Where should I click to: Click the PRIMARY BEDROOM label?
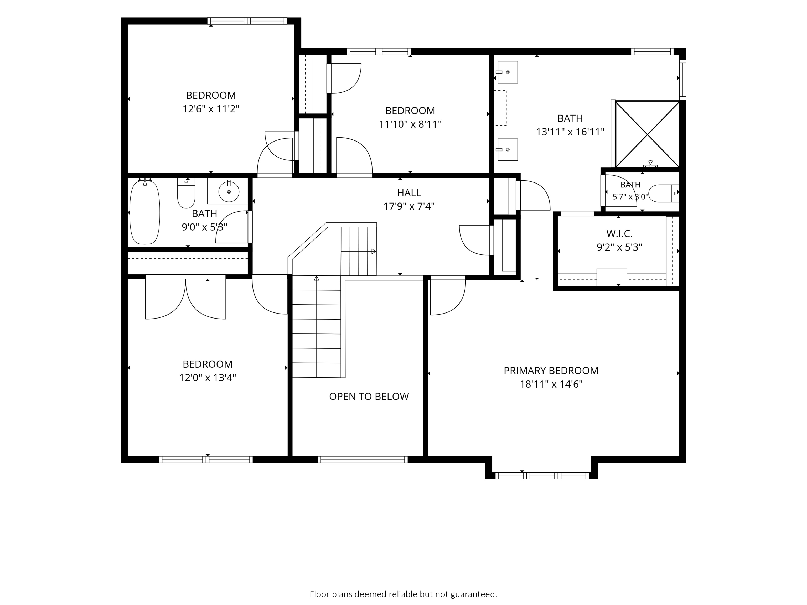point(551,371)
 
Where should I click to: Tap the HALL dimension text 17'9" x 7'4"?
point(409,207)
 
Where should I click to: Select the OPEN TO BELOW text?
point(369,397)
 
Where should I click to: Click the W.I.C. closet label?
point(619,234)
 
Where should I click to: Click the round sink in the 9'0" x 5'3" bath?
point(229,191)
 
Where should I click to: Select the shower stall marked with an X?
point(647,134)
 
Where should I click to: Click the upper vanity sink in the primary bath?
point(508,72)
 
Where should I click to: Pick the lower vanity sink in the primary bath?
point(508,149)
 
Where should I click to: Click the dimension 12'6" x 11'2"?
point(211,109)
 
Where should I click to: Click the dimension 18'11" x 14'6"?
point(551,384)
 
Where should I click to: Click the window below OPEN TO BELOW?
point(363,460)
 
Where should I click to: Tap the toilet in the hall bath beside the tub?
point(186,192)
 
